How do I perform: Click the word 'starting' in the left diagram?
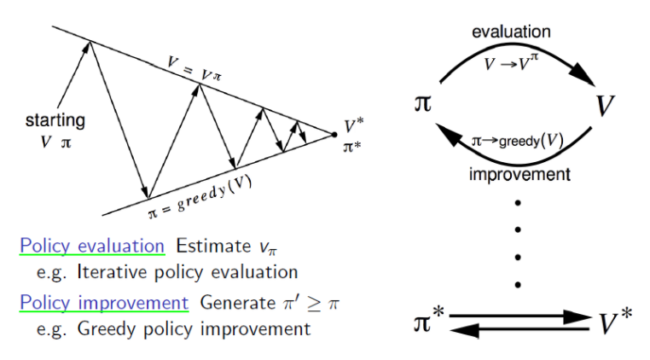[x=54, y=120]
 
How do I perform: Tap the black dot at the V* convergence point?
[x=334, y=134]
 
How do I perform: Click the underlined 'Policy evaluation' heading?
[x=92, y=246]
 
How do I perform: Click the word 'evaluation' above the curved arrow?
[x=511, y=32]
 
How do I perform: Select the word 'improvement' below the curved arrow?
[x=519, y=175]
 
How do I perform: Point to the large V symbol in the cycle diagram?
[x=606, y=106]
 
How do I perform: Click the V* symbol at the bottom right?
[x=615, y=324]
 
